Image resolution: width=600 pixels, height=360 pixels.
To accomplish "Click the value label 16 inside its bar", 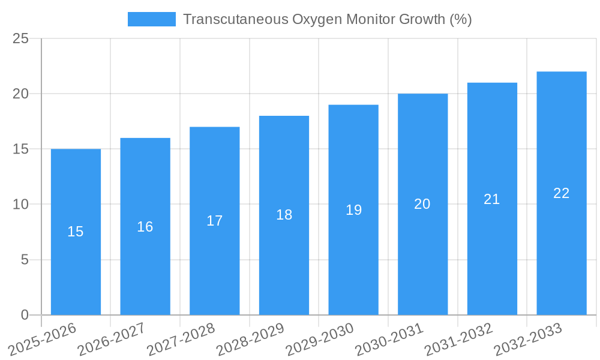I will (x=145, y=227).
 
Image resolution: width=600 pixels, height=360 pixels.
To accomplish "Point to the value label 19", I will (x=354, y=210).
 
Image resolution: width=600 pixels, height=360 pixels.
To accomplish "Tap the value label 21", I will (x=492, y=199).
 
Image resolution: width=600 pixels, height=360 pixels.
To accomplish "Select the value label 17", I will (x=215, y=221).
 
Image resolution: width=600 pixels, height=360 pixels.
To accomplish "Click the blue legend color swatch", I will (x=152, y=19).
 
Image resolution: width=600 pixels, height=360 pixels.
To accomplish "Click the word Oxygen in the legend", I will (x=313, y=19).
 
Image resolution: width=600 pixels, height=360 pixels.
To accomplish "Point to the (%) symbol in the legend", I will (x=461, y=19).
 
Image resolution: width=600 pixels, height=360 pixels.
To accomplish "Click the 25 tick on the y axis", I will (x=20, y=38).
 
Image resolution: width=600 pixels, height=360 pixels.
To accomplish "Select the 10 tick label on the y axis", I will (x=20, y=205).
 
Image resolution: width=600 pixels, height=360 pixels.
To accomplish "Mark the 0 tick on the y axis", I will (x=25, y=315).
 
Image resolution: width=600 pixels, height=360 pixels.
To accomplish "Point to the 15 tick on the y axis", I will (x=20, y=149).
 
